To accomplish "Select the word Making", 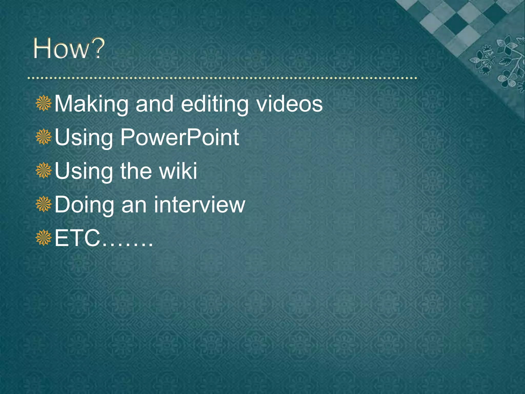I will click(x=91, y=104).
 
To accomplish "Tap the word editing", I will click(x=214, y=104).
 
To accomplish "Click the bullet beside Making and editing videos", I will click(x=44, y=103).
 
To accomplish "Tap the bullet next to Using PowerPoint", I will click(x=44, y=137).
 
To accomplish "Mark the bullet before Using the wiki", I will click(x=44, y=170).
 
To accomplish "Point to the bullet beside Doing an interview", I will click(x=44, y=204).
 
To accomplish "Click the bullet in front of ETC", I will click(x=44, y=238).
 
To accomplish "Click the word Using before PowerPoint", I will click(x=84, y=138).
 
